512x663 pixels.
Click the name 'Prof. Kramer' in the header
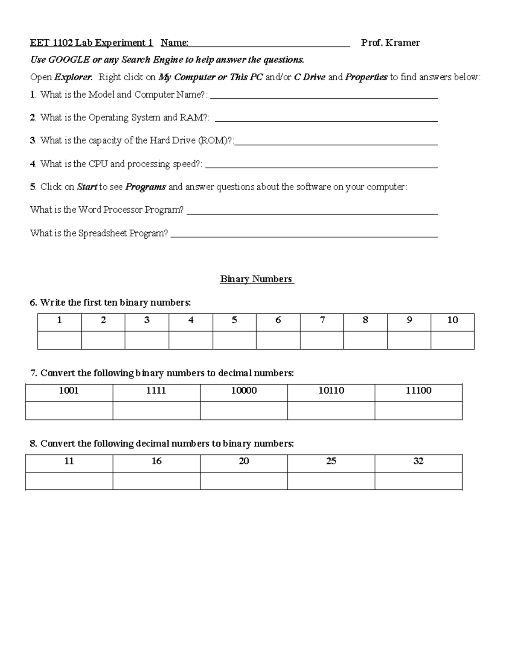390,43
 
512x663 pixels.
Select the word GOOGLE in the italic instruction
69,60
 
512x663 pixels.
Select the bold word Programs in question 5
145,187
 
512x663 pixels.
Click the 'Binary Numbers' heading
256,279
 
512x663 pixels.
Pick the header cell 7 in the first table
322,320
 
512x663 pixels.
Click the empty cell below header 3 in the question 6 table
147,340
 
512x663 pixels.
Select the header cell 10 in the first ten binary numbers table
452,320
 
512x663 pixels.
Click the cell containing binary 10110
331,391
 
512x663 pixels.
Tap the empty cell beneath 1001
69,411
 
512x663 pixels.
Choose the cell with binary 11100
419,391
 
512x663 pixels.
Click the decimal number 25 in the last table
331,461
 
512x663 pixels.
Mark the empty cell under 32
419,481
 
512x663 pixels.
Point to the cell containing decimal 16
157,461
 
